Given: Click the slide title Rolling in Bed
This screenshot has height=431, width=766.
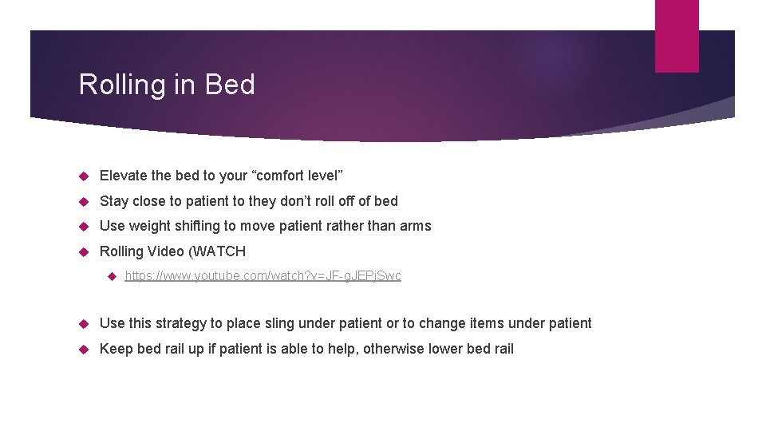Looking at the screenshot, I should (x=167, y=85).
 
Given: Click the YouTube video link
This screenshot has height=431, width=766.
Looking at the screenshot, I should (x=263, y=276).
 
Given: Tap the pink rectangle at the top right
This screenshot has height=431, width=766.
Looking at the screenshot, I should (x=676, y=36).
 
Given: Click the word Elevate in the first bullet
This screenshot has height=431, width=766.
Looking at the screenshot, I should (x=122, y=176).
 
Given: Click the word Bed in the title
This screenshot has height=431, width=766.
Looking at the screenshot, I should (x=230, y=85).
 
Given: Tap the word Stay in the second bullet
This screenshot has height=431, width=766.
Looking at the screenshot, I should (x=114, y=201).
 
